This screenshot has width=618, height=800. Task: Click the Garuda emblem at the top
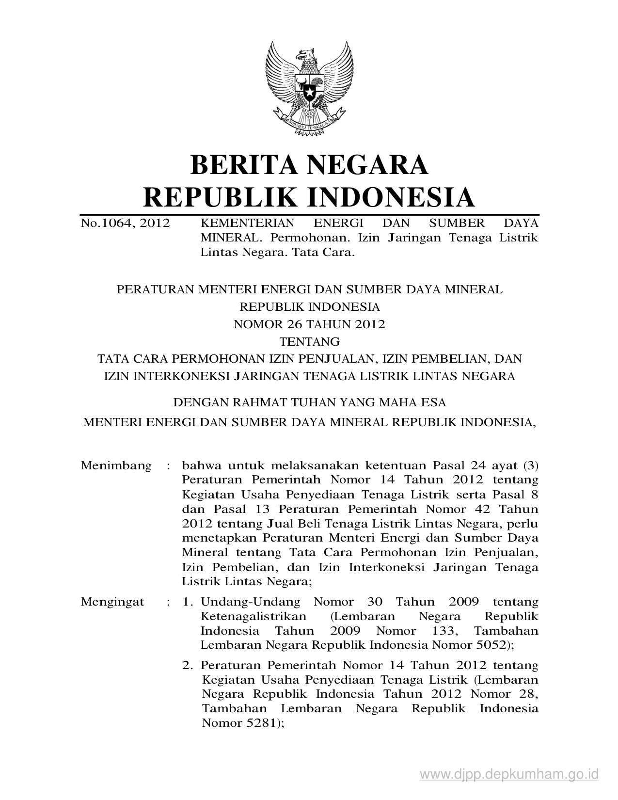coord(309,85)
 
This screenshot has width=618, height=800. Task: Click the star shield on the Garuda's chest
coord(309,89)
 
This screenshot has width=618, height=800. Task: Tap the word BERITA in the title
coord(239,165)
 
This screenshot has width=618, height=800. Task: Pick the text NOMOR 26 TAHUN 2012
coord(309,324)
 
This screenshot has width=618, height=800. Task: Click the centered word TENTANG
coord(309,342)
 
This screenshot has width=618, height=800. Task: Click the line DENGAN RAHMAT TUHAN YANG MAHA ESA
coord(309,402)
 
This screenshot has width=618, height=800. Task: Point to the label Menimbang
coord(116,466)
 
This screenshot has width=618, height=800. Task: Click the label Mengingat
coord(112,602)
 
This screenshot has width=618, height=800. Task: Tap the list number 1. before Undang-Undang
coord(189,602)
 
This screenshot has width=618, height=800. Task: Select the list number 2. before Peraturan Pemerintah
coord(189,665)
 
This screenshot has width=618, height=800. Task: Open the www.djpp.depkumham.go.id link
coord(509,774)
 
